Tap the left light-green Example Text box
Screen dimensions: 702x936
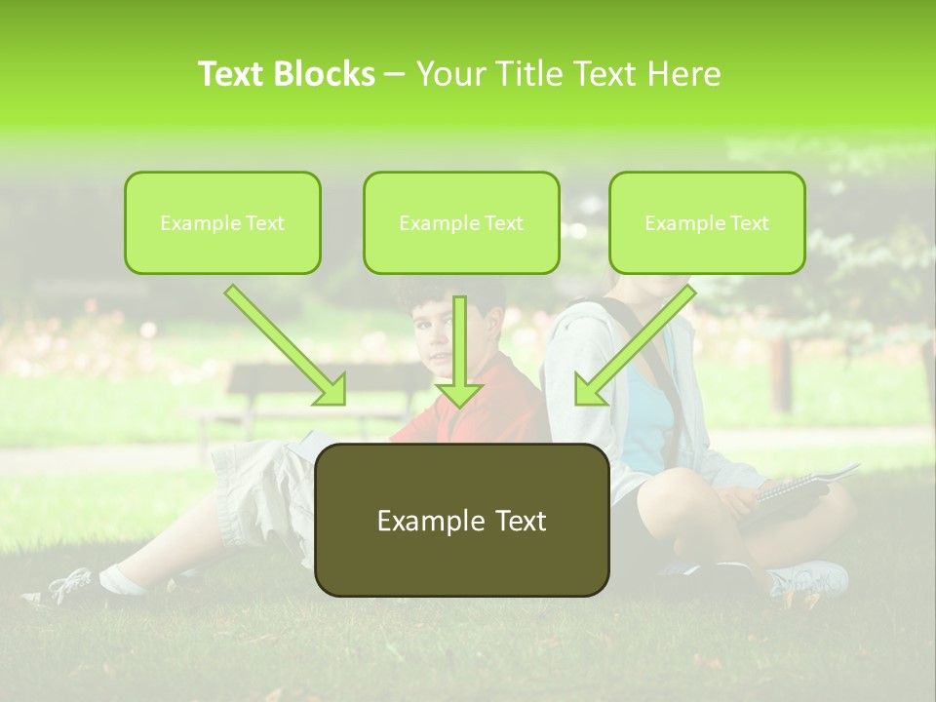[222, 222]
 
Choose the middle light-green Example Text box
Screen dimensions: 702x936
[461, 222]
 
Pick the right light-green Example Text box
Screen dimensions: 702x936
[707, 222]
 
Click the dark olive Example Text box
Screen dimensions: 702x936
[461, 520]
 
